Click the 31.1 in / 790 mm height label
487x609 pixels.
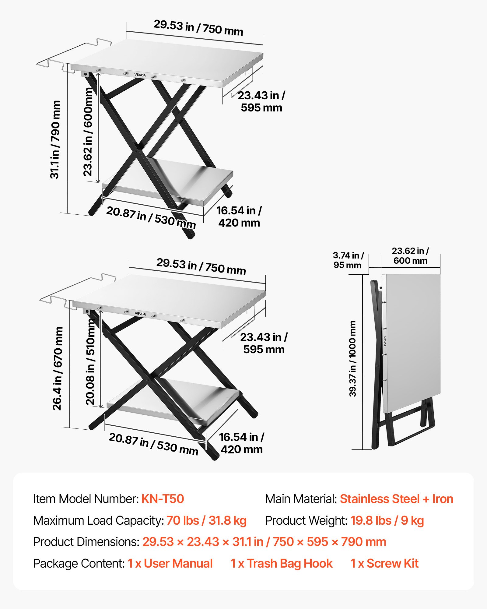click(55, 139)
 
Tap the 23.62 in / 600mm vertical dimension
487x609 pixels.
click(88, 132)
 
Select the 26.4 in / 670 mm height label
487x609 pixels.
click(58, 368)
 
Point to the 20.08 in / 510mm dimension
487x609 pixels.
click(90, 362)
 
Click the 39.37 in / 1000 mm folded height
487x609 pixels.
click(352, 359)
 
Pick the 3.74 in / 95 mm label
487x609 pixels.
click(348, 260)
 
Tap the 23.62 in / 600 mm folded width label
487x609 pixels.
click(410, 256)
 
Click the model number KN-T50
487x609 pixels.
click(163, 499)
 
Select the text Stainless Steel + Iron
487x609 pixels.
click(397, 499)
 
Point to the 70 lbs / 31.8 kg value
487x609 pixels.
click(206, 520)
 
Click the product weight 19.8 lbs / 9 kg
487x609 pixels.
click(387, 520)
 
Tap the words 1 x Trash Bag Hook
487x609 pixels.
click(282, 563)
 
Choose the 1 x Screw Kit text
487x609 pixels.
click(384, 563)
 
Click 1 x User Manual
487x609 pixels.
click(170, 563)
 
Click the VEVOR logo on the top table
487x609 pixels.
click(140, 75)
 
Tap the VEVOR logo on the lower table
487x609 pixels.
click(140, 314)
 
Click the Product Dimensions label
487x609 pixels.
click(86, 542)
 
